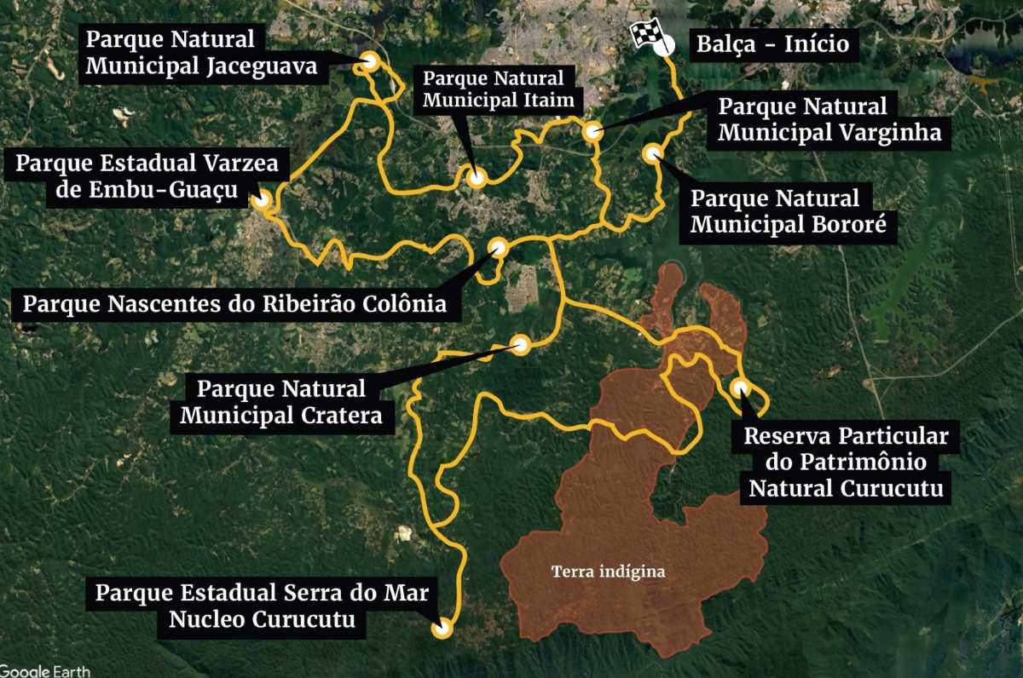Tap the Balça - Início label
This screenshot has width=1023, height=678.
[x=772, y=44]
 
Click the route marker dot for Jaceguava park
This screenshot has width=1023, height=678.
[x=370, y=60]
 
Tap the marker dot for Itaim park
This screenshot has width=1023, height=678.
[x=476, y=177]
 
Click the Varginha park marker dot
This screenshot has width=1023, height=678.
[x=592, y=132]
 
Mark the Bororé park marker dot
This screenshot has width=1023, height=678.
[x=653, y=153]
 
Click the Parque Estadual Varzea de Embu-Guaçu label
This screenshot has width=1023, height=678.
[x=147, y=175]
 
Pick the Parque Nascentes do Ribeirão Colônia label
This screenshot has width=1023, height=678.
[x=234, y=303]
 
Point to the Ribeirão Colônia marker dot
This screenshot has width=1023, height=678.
[x=498, y=248]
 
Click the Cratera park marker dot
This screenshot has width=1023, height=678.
[x=520, y=344]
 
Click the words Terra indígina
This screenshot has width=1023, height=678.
[x=607, y=572]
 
